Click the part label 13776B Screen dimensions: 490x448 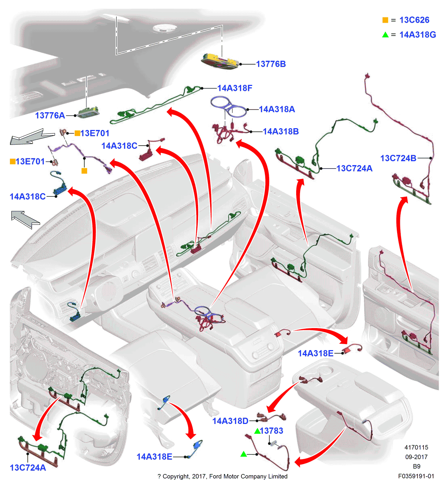coord(271,64)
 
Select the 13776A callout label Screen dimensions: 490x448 coord(50,115)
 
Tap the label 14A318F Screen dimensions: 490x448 coord(235,88)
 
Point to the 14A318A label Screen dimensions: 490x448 coord(277,109)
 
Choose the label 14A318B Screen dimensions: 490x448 coord(281,131)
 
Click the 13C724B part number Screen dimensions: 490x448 coord(398,158)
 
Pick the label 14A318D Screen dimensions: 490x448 coord(230,421)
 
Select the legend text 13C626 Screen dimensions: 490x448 coord(414,20)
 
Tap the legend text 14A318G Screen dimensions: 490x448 coord(417,34)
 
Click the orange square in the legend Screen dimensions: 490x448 coord(385,20)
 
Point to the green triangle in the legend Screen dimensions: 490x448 coord(385,34)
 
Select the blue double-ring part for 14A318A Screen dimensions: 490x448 coord(228,106)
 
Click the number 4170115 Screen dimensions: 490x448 coord(416,447)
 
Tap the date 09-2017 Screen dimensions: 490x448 coord(416,457)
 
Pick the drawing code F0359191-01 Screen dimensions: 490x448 coord(416,476)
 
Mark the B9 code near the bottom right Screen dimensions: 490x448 coord(416,467)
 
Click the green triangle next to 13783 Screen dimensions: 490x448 coord(257,431)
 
